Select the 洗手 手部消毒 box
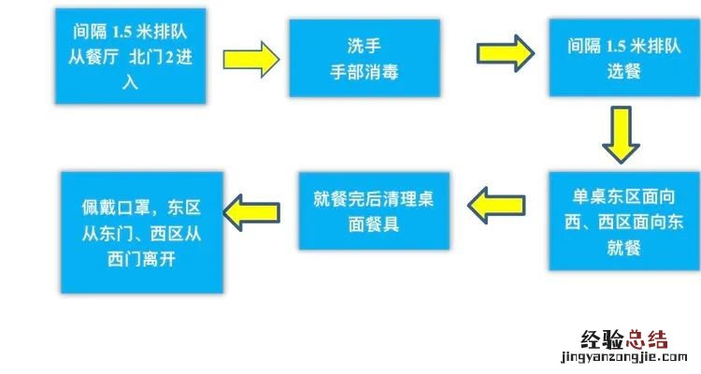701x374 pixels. click(x=365, y=57)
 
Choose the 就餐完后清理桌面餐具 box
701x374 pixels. click(x=376, y=209)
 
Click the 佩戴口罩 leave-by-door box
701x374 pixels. click(x=142, y=232)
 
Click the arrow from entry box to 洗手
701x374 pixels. click(x=250, y=60)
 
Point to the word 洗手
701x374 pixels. click(x=365, y=44)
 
